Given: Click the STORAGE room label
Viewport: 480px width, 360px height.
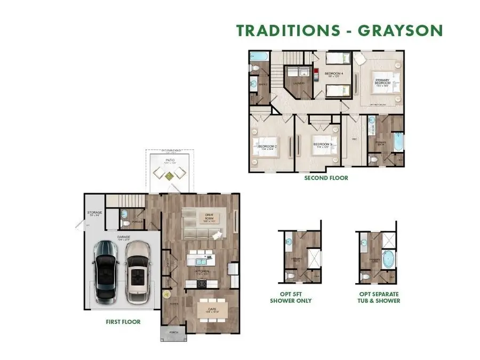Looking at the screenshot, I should point(95,214).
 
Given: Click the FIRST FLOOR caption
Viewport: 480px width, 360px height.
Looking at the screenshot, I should point(123,322).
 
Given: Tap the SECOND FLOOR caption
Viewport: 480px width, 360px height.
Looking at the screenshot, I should point(326,178).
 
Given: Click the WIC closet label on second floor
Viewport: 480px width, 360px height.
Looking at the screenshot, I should point(354,140).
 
